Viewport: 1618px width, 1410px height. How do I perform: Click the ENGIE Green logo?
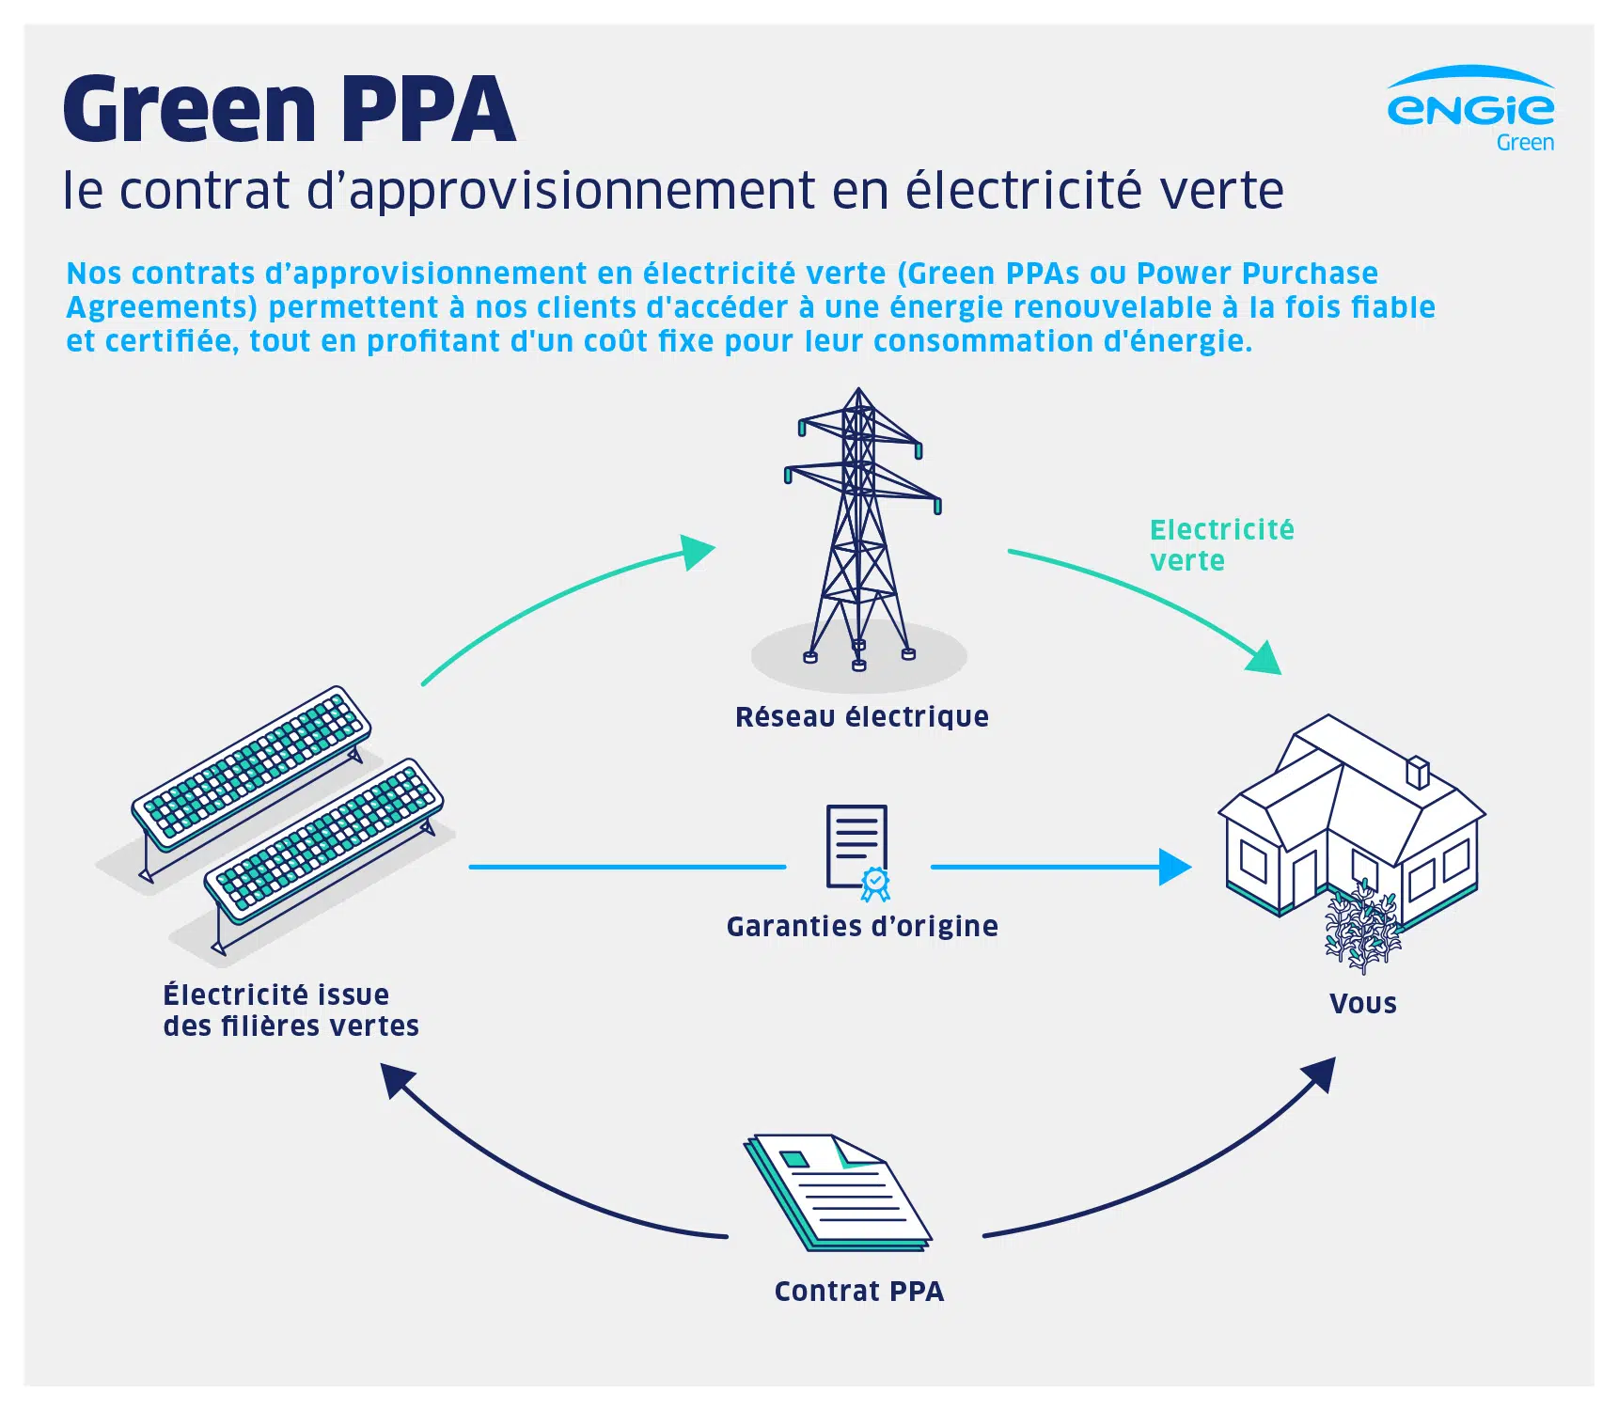(1470, 109)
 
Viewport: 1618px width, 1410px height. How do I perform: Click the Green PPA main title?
(290, 109)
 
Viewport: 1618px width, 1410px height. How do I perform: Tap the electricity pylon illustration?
(859, 526)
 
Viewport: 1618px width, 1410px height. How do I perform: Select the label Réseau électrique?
(861, 717)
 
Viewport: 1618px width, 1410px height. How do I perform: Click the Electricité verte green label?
(1220, 545)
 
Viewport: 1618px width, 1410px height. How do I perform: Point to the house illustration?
(1350, 818)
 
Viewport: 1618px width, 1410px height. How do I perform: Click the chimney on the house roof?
(1417, 773)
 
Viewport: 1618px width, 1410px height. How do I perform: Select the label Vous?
(1362, 1004)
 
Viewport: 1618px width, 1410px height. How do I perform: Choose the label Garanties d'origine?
(861, 927)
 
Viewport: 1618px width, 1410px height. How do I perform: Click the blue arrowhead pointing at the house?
(1175, 867)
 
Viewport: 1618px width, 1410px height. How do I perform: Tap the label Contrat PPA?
(858, 1292)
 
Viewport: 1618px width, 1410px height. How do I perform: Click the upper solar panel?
(251, 767)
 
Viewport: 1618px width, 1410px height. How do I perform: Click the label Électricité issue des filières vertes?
(291, 1010)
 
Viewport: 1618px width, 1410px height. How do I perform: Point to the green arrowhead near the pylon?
(698, 552)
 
